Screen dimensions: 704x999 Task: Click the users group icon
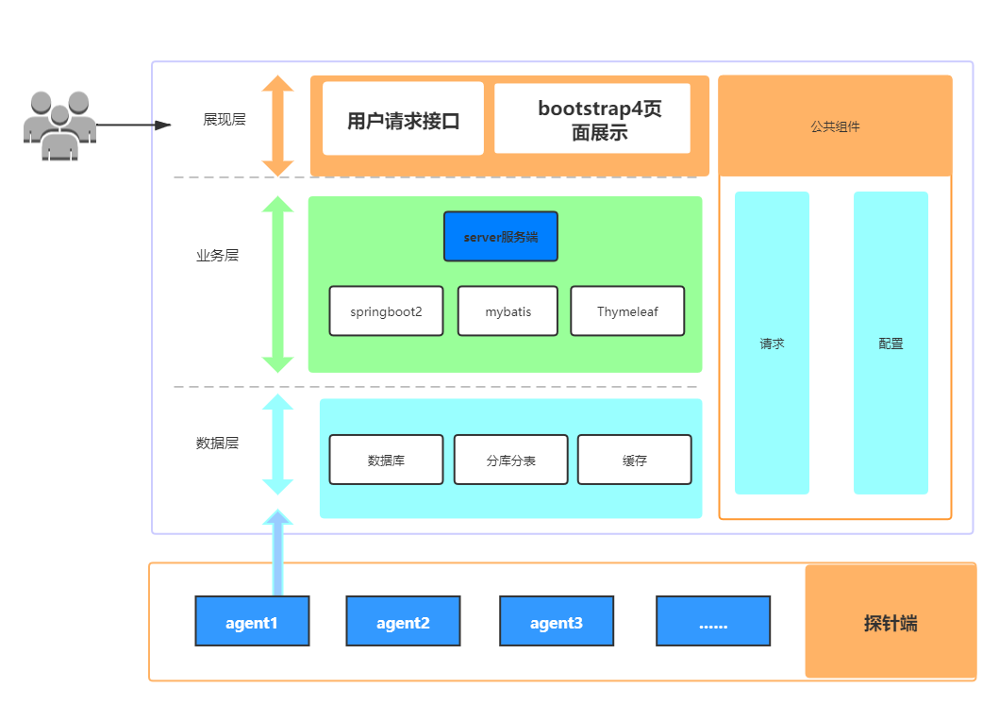[58, 125]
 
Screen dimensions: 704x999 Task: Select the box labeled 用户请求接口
[403, 119]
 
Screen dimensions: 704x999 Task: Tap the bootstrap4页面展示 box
[592, 119]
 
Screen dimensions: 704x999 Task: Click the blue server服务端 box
[501, 236]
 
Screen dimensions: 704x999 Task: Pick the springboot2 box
[386, 310]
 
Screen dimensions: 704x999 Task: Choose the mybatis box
[508, 310]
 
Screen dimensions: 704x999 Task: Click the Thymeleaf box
[627, 310]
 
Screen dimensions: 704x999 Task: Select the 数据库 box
[386, 460]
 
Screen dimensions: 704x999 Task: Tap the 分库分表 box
[510, 460]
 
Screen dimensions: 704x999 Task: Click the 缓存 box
[634, 460]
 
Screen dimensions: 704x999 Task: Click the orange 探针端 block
[890, 622]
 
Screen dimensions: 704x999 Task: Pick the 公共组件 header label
[835, 126]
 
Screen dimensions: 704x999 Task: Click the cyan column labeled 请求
[772, 344]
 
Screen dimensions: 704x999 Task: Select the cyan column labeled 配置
[891, 344]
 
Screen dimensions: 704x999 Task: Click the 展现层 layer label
[225, 120]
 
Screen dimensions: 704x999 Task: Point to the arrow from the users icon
[132, 125]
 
